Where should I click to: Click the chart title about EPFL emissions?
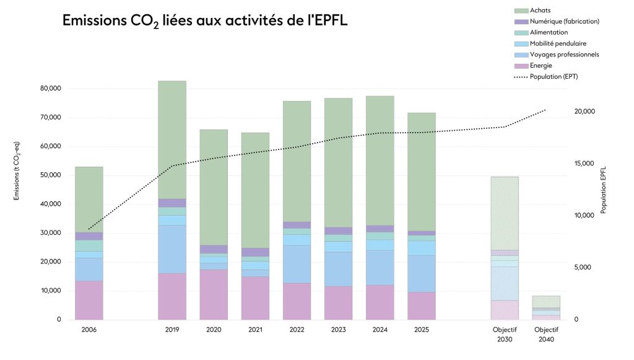tap(204, 21)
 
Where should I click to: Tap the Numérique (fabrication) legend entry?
tap(557, 22)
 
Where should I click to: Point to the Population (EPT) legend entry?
tap(546, 76)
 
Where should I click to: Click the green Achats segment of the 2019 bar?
tap(172, 139)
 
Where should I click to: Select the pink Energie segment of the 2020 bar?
tap(214, 294)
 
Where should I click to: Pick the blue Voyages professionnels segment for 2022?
tap(297, 264)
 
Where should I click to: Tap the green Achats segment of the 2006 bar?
tap(89, 200)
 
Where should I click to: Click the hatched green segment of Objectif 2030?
tap(505, 213)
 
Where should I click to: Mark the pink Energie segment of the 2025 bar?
tap(422, 306)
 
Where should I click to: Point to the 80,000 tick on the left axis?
tap(51, 89)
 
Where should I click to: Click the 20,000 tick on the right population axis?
tap(584, 112)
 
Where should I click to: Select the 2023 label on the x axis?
tap(339, 330)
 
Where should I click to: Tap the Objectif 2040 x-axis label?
tap(546, 335)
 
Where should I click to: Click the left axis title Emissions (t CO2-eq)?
tap(17, 170)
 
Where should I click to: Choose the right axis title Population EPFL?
tap(603, 190)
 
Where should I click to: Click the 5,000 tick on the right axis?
tap(583, 268)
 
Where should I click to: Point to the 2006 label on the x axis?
tap(89, 330)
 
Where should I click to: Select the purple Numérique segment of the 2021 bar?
tap(255, 252)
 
